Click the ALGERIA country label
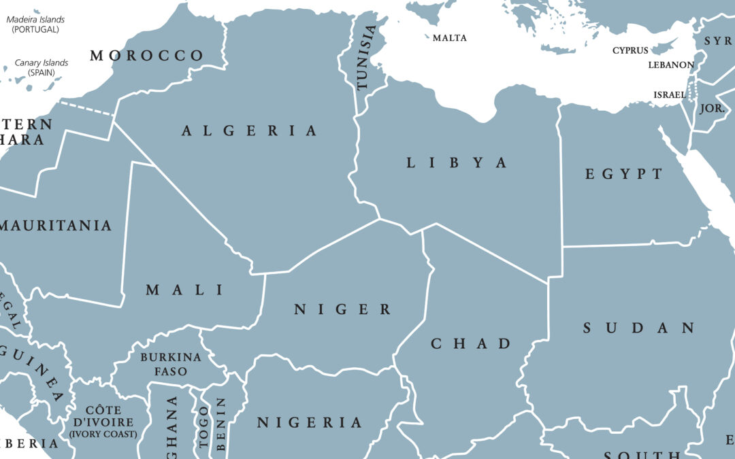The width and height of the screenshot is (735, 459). click(x=250, y=131)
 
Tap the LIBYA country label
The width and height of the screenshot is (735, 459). click(x=457, y=163)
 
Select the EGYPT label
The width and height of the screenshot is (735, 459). click(x=624, y=174)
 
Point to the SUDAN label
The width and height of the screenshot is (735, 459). click(x=639, y=328)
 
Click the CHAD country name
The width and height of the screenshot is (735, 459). click(x=470, y=343)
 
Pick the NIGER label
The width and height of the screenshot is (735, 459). click(x=343, y=309)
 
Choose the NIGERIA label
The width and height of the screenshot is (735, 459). click(x=310, y=422)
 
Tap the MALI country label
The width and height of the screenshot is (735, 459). click(x=185, y=290)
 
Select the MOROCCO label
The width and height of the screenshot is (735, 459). click(x=147, y=56)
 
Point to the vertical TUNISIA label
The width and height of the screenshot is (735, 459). click(x=365, y=58)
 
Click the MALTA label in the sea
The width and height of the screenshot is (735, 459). click(x=450, y=38)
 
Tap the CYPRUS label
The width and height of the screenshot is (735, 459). click(x=630, y=50)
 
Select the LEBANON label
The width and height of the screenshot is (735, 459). click(x=671, y=65)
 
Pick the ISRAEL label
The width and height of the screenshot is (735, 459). click(x=670, y=95)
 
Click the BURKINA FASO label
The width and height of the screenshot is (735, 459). click(x=170, y=364)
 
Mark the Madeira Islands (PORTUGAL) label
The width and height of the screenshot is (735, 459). click(x=35, y=24)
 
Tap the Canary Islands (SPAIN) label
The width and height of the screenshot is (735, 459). click(x=42, y=67)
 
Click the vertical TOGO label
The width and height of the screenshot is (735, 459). click(x=203, y=426)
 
